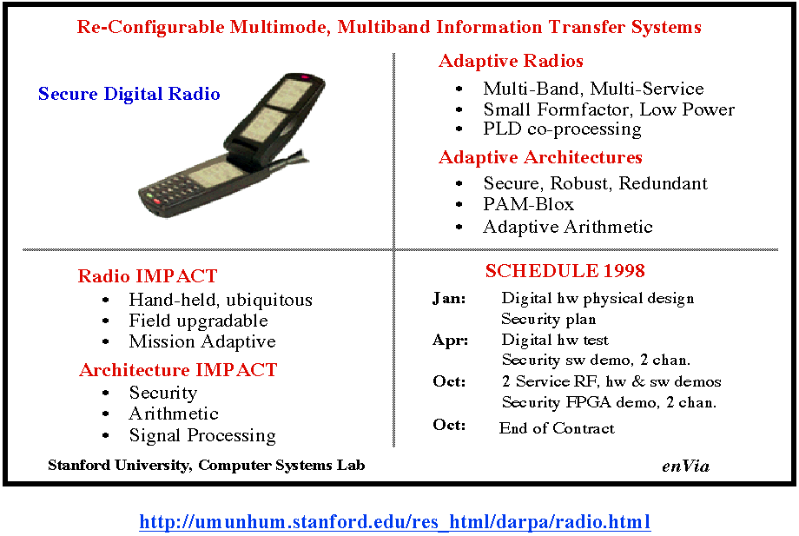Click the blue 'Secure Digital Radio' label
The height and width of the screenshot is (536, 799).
point(129,94)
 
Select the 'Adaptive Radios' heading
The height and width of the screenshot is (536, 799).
point(511,61)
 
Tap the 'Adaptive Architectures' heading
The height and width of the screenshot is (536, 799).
point(540,157)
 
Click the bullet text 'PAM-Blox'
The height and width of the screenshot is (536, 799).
point(528,204)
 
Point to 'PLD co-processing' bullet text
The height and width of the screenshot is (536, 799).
point(562,129)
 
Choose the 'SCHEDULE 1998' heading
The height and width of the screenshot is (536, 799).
point(565,270)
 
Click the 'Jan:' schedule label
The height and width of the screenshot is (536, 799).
point(449,298)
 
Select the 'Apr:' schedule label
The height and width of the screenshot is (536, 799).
point(450,340)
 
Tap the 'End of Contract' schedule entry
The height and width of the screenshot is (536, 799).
point(557,428)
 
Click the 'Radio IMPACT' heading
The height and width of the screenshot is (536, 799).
point(148,276)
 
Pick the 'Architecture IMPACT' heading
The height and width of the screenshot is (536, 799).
point(178,370)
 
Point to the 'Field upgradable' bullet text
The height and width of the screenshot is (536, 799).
point(198,321)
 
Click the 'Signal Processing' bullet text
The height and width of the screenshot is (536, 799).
point(202,435)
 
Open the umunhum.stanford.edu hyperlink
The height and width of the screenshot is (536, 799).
point(395,522)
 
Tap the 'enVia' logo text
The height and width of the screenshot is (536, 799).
point(685,466)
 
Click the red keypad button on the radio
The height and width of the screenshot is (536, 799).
point(157,202)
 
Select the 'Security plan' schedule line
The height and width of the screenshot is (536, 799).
point(548,319)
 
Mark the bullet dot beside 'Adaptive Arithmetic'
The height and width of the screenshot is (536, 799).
point(459,227)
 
